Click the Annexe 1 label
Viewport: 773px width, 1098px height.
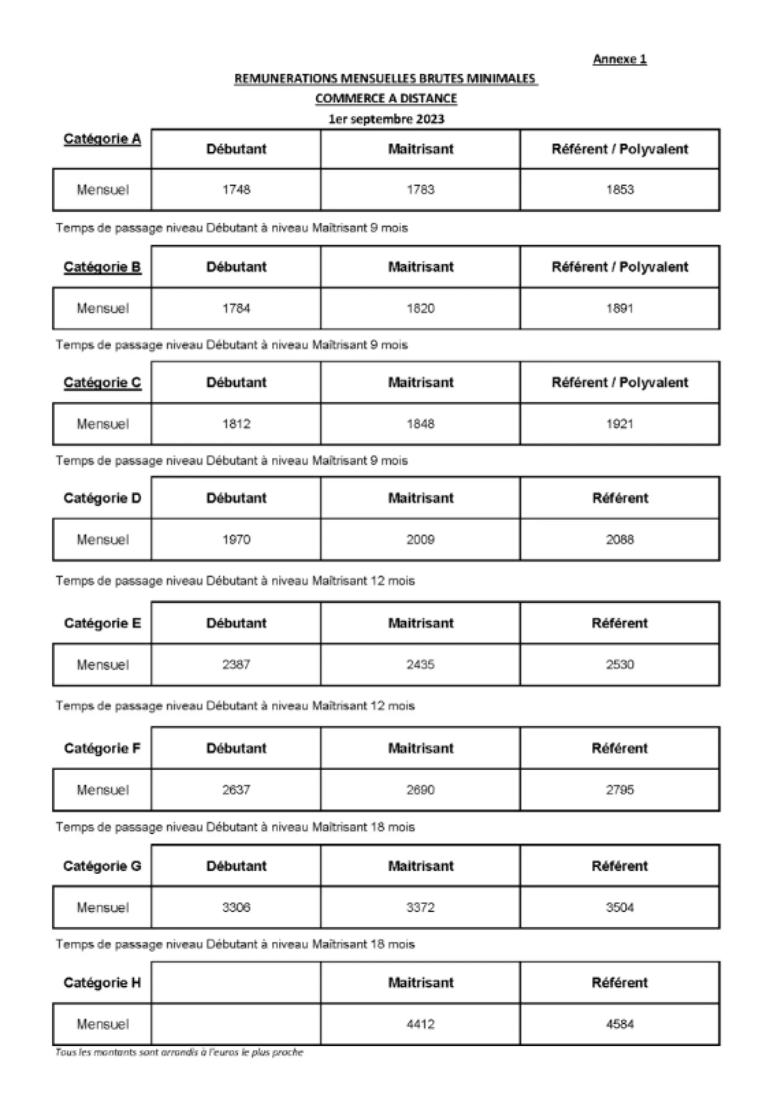point(619,59)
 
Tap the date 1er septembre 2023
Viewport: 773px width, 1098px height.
point(386,119)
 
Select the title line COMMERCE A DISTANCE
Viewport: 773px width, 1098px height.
point(386,99)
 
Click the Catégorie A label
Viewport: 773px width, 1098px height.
point(102,139)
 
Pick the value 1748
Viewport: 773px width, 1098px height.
point(236,189)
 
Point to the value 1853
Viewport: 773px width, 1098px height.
point(620,189)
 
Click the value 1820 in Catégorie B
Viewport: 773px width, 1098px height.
point(421,308)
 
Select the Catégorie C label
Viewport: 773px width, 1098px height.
point(102,382)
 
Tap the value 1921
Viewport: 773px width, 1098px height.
point(620,424)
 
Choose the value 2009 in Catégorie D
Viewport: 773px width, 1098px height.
point(421,539)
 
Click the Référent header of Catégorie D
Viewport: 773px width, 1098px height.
point(620,498)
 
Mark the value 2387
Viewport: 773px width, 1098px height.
point(236,664)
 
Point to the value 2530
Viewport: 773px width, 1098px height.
point(620,664)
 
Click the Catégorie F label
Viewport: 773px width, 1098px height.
point(102,748)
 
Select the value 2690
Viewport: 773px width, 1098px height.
point(421,790)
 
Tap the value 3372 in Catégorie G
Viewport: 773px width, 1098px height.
point(421,907)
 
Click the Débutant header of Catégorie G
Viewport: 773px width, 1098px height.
point(236,866)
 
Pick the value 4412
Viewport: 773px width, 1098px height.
point(421,1024)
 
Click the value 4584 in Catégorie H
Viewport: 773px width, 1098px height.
point(620,1024)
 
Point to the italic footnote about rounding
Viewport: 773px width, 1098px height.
point(179,1052)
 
